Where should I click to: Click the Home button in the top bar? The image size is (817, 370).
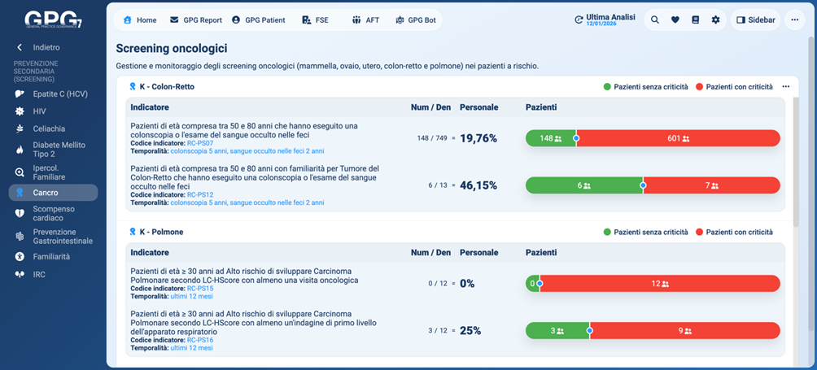[x=139, y=20]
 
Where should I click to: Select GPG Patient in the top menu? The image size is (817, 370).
[x=258, y=20]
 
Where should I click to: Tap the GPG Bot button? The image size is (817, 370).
[x=415, y=20]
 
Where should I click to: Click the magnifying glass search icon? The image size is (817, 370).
[x=655, y=20]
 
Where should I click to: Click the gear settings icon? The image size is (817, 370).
[x=715, y=20]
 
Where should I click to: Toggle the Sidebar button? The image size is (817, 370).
[x=755, y=20]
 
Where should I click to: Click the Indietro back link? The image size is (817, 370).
[x=46, y=47]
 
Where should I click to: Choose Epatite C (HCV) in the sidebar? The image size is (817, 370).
[x=59, y=94]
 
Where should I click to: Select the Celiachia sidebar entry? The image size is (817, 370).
[x=49, y=128]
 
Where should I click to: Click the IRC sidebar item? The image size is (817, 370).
[x=39, y=275]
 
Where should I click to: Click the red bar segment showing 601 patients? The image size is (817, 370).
[x=678, y=138]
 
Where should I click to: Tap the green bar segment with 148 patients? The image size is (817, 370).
[x=550, y=138]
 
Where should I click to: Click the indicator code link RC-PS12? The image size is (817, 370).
[x=200, y=195]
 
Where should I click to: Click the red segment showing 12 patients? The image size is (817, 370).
[x=660, y=284]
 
